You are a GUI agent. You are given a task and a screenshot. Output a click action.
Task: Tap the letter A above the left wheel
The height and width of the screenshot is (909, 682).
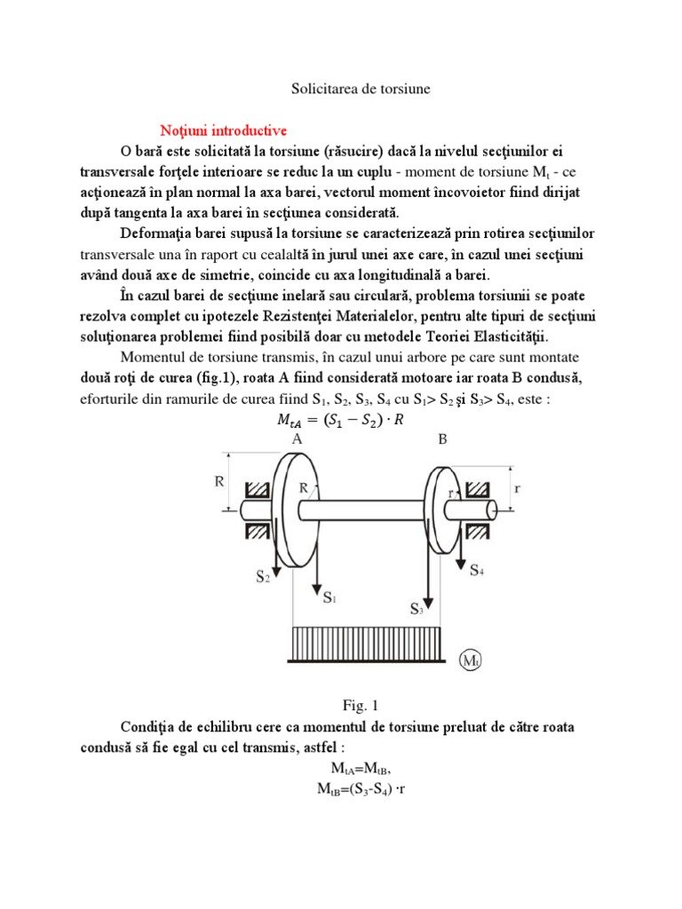pos(295,439)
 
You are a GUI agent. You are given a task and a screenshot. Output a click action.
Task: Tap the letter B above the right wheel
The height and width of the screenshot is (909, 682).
pos(441,439)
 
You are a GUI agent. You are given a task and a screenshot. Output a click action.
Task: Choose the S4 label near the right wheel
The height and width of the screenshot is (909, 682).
pos(478,569)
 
